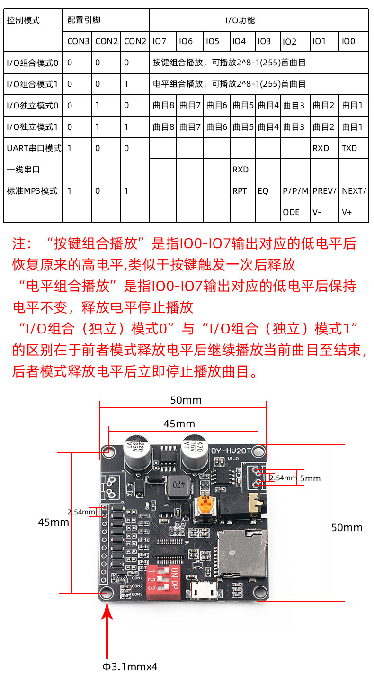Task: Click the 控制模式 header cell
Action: [23, 20]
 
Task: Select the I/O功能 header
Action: [240, 20]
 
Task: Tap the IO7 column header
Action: [160, 41]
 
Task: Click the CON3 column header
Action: [78, 41]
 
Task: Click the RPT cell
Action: [240, 191]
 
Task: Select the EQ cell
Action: [263, 191]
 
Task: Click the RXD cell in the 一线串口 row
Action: [240, 170]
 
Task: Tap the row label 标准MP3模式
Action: [32, 191]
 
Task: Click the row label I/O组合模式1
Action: [32, 84]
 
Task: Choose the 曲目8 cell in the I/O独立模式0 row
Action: [163, 105]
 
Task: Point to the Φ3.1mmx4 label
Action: [130, 667]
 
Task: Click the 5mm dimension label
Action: [310, 478]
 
